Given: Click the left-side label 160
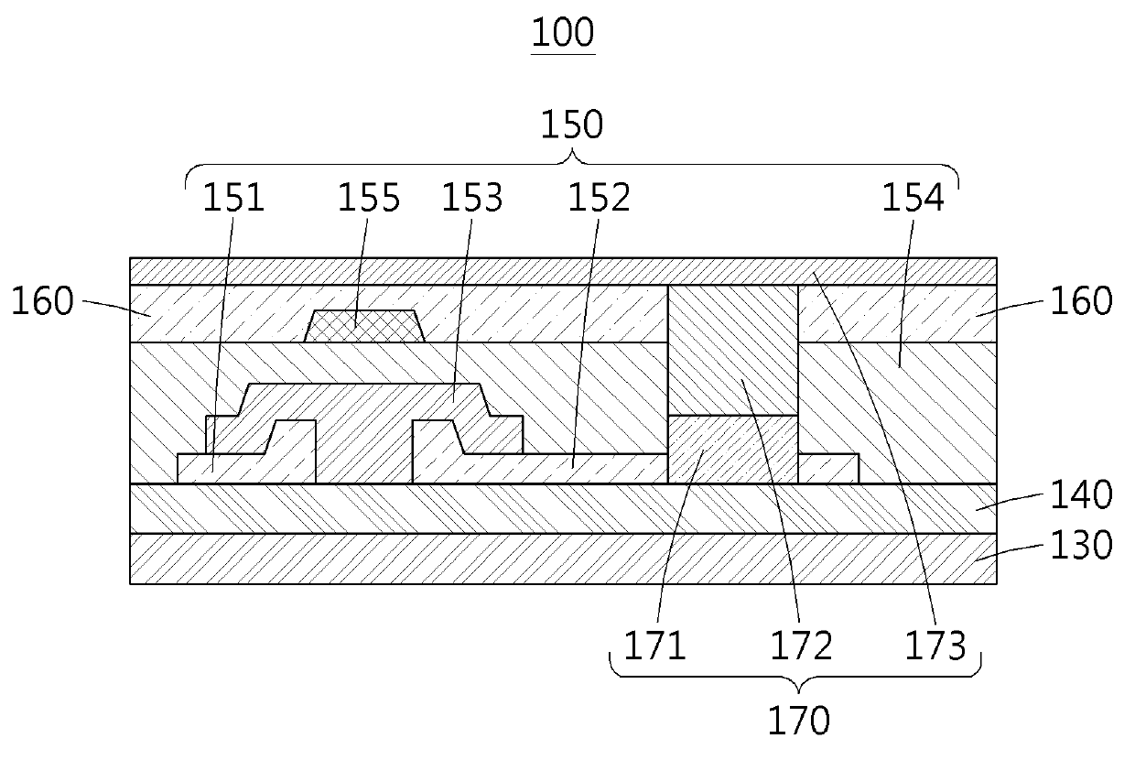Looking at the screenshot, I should (41, 301).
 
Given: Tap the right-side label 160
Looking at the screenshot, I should (1080, 301).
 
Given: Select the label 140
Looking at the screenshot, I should (1080, 495).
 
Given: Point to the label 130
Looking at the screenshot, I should (1080, 546).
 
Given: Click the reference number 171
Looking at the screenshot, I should (654, 646).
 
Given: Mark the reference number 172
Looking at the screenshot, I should (802, 646).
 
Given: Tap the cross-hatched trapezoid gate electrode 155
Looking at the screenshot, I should (362, 326).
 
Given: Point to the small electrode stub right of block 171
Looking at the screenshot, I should (828, 468).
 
